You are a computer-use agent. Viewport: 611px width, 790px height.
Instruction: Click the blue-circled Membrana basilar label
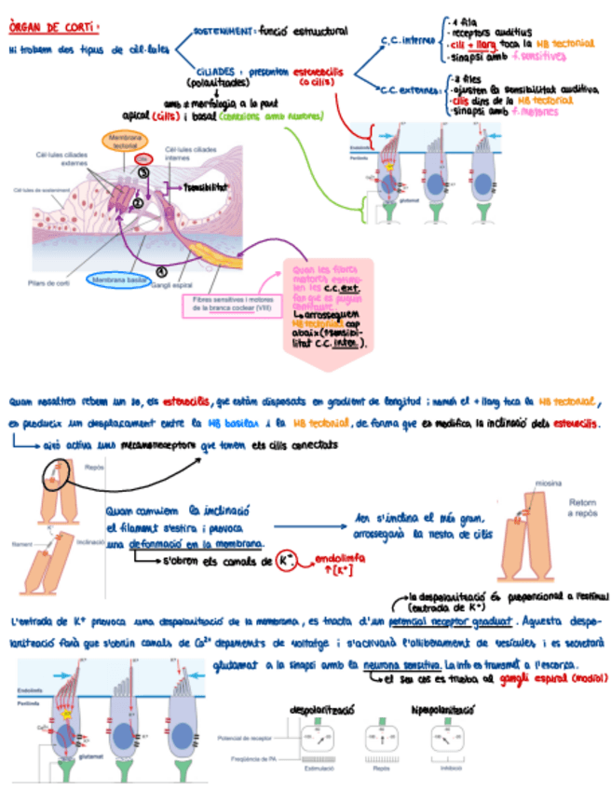[115, 278]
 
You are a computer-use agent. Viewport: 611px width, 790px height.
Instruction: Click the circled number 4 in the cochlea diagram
[160, 271]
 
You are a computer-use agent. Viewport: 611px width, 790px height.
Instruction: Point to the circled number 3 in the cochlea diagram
[143, 173]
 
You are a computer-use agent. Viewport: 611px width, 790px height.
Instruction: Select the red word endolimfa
[345, 557]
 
